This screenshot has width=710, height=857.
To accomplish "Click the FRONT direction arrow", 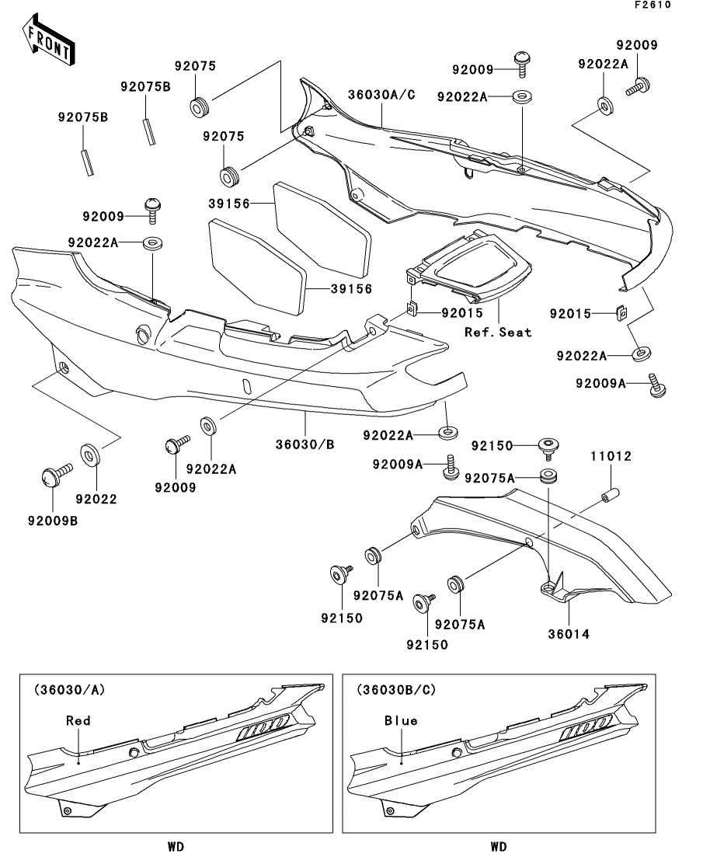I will tap(48, 42).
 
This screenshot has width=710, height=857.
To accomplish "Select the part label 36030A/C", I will tap(381, 95).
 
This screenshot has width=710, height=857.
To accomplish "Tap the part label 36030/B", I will tap(305, 444).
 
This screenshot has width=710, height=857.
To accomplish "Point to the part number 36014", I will tap(569, 634).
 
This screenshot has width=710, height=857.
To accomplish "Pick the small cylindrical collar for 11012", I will tap(609, 493).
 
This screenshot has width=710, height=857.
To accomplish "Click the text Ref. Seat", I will tap(498, 332).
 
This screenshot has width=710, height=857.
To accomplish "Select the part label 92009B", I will tap(50, 520).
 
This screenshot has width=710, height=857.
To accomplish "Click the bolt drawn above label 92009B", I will tap(52, 473).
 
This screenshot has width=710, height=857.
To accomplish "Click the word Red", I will tap(78, 720).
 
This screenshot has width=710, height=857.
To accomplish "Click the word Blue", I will tap(401, 720).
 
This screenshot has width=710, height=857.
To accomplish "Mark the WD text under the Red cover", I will tap(176, 845).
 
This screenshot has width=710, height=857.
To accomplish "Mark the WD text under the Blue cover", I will tap(499, 845).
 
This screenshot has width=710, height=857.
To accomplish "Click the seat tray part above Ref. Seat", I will tap(474, 268).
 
